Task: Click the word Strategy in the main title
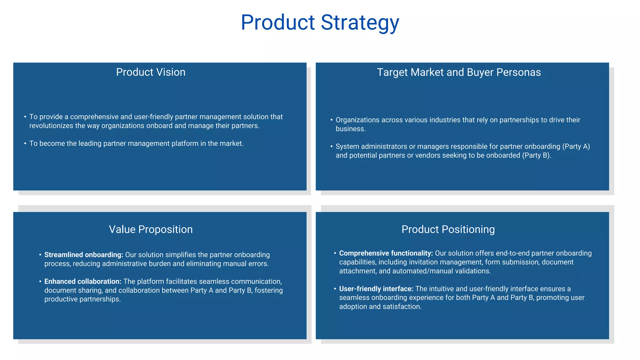tap(360, 22)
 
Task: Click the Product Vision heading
tap(151, 72)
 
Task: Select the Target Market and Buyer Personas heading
tap(458, 72)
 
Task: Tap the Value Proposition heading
tap(151, 229)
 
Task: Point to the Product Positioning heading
tap(448, 229)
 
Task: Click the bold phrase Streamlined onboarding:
tap(83, 255)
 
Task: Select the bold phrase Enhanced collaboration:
tap(82, 281)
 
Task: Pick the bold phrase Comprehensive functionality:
tap(386, 253)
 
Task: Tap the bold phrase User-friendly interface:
tap(376, 289)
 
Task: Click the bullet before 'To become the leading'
tap(25, 143)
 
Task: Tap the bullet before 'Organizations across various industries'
tap(332, 120)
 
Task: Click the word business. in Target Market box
tap(350, 129)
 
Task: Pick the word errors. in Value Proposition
tap(258, 263)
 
